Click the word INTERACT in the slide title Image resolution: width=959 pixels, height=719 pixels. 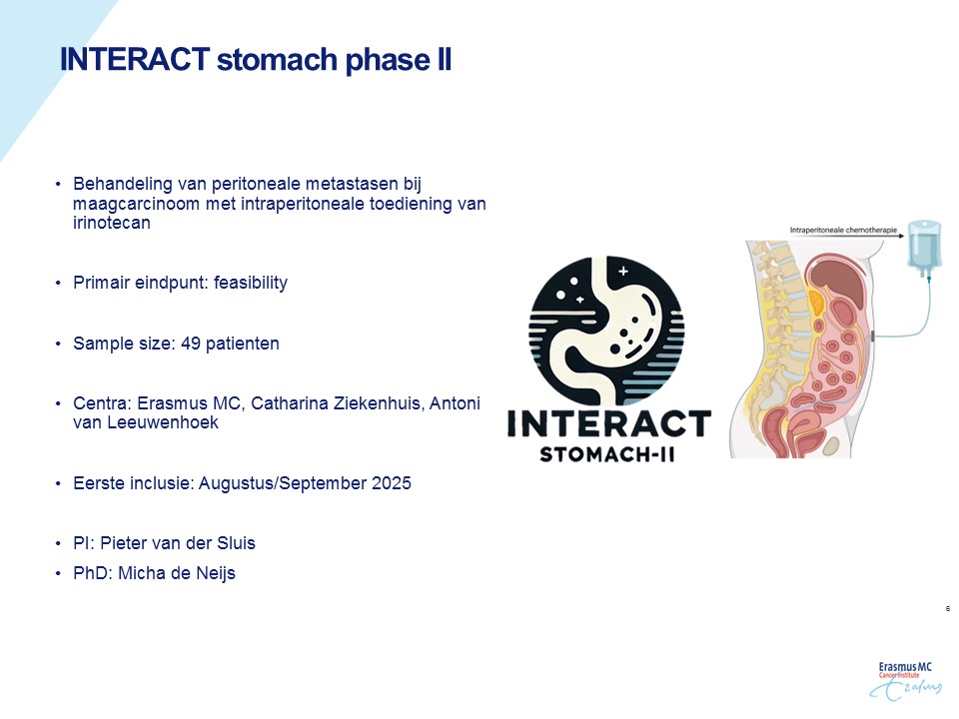coord(135,59)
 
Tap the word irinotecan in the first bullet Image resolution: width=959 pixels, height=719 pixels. coord(111,223)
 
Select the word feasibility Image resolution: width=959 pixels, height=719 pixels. coord(250,283)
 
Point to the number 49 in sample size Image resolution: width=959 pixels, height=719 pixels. coord(190,343)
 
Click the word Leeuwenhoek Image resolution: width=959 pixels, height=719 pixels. coord(163,422)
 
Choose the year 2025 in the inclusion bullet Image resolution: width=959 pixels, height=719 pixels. coord(392,483)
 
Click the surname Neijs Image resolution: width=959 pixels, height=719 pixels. coord(216,573)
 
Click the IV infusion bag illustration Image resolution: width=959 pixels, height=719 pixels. coord(923,247)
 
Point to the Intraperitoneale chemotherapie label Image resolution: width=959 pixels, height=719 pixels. coord(843,231)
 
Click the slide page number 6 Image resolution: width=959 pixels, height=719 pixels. coord(948,608)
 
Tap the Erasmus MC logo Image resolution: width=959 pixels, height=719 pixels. coord(905,680)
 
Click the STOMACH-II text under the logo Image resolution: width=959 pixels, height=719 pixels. coord(607,455)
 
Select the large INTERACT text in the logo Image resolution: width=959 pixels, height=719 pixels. coord(609,423)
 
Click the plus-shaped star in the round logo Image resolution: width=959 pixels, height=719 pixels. coord(622,271)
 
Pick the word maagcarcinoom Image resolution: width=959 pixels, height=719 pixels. coord(137,204)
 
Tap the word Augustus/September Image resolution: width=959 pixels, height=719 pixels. coord(283,483)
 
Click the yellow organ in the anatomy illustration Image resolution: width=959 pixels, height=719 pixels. coord(816,302)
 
